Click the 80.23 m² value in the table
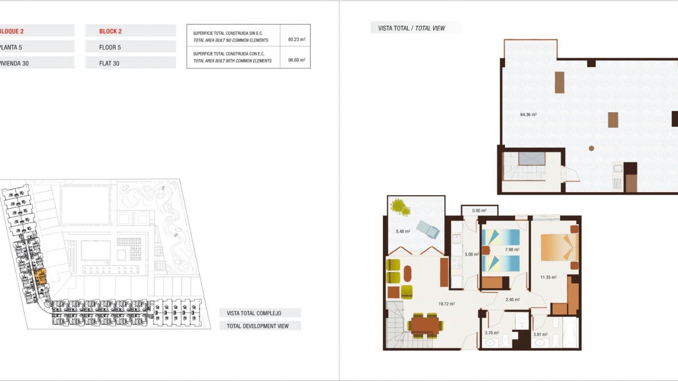coord(296,40)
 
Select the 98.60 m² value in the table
coord(296,60)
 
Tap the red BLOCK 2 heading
coord(110,31)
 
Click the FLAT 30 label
coord(109,64)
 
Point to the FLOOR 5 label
coord(110,47)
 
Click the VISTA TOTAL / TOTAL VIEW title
coord(411,28)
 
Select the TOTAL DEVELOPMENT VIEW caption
coord(257,326)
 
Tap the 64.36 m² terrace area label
coord(528,115)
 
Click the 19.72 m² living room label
coord(446,304)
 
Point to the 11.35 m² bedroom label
coord(548,277)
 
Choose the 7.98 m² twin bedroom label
coord(512,250)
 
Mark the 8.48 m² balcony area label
coord(403,232)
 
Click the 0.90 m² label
coord(479,211)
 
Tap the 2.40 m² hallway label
coord(512,300)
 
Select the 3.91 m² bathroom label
coord(540,334)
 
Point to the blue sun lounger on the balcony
coord(428,229)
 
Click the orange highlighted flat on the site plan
coord(41,277)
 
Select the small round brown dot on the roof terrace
coord(591,149)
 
